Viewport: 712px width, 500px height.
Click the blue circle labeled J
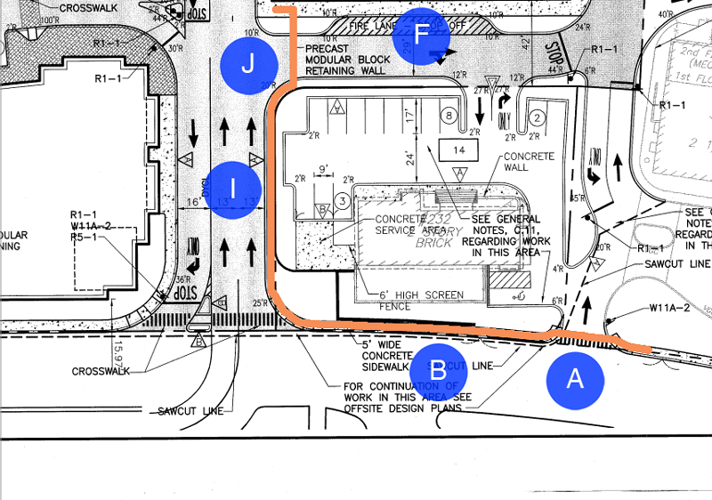click(x=249, y=64)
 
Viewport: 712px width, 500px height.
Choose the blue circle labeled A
click(x=575, y=380)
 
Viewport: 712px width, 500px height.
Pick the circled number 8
click(x=450, y=116)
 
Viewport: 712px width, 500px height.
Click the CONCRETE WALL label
click(x=529, y=162)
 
